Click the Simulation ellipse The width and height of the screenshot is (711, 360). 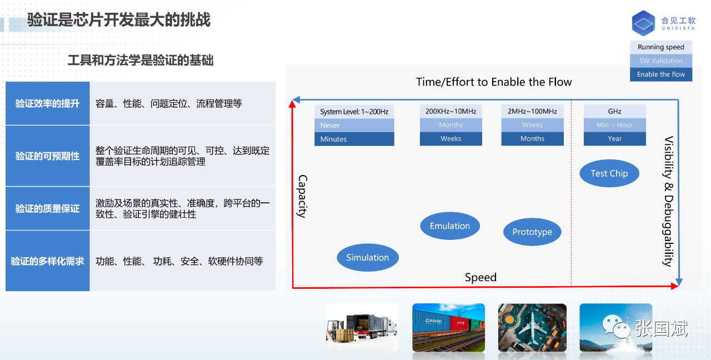[368, 257]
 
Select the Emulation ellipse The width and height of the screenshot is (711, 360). [450, 226]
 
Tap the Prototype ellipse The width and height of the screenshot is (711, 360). [532, 232]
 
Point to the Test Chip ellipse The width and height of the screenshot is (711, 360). [609, 173]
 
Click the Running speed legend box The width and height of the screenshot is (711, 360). [661, 47]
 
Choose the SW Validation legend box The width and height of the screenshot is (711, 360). [661, 61]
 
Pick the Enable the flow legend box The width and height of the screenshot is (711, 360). [661, 74]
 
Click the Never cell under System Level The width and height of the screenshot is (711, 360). [354, 126]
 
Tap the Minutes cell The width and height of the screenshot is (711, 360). [354, 139]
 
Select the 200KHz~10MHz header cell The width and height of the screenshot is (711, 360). [451, 112]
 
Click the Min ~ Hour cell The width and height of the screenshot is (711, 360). [615, 125]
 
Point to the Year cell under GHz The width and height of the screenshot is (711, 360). [615, 139]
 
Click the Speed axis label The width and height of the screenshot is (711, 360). [480, 277]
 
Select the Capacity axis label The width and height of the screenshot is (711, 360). [302, 196]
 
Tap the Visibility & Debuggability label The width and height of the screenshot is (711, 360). [669, 201]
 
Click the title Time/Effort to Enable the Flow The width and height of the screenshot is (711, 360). [494, 82]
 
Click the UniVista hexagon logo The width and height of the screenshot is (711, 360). [643, 23]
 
